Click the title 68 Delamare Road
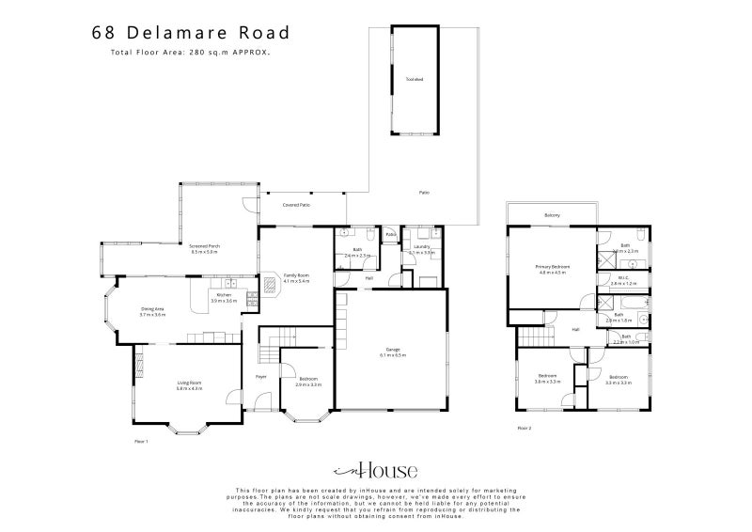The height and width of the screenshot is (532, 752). [x=191, y=32]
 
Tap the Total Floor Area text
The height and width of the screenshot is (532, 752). [x=190, y=53]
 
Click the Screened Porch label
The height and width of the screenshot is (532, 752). [x=204, y=248]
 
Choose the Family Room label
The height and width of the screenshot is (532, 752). [x=297, y=277]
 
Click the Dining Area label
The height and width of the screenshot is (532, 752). [x=152, y=311]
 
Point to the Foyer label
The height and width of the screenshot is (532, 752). [x=261, y=376]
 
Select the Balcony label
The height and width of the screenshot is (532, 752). [x=552, y=215]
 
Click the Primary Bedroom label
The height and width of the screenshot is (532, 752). [x=555, y=268]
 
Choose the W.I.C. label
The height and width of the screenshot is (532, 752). [x=624, y=278]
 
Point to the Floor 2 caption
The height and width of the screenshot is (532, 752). [x=525, y=428]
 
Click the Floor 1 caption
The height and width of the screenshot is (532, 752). [x=142, y=439]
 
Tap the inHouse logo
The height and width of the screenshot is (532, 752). [x=376, y=471]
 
